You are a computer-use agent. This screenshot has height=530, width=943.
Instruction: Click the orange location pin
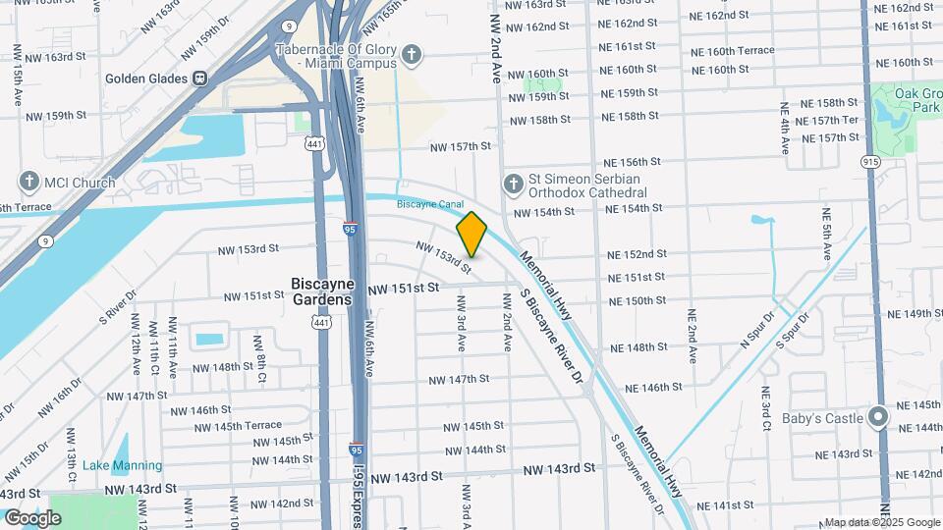[x=471, y=234]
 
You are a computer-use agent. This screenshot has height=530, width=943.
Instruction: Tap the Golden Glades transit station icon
[x=199, y=78]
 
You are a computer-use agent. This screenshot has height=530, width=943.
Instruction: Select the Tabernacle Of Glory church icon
[x=413, y=55]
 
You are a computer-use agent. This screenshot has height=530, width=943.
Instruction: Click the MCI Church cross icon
[x=28, y=183]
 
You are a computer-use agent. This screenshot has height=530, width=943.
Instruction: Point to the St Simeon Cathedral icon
[x=512, y=184]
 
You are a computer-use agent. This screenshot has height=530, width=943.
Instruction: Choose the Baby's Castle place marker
[x=879, y=418]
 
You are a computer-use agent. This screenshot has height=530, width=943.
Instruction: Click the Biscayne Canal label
[x=429, y=204]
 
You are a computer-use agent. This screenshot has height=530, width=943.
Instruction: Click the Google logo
[x=32, y=517]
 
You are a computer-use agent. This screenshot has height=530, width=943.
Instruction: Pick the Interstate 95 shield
[x=351, y=229]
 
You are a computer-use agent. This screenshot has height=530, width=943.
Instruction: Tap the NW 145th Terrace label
[x=236, y=425]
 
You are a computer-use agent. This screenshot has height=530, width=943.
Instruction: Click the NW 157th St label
[x=460, y=146]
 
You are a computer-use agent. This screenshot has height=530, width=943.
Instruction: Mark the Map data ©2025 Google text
[x=880, y=522]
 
